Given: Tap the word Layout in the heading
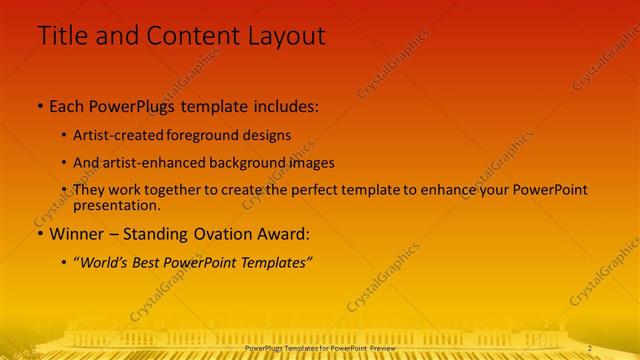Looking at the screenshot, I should pyautogui.click(x=282, y=36).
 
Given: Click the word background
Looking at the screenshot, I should pyautogui.click(x=236, y=162).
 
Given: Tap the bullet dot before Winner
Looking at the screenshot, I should pyautogui.click(x=40, y=235).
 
